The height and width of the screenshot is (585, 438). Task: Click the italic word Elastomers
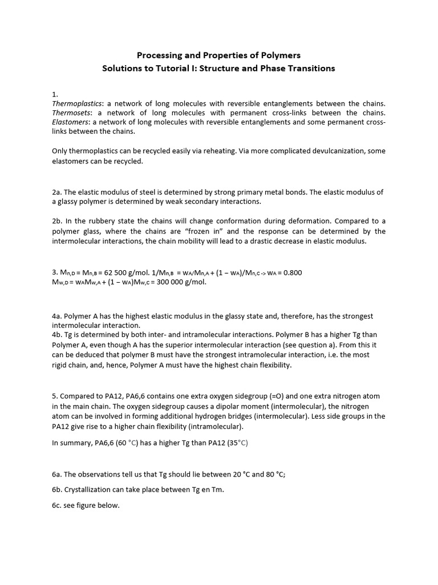click(71, 122)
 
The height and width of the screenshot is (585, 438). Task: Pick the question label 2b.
click(58, 221)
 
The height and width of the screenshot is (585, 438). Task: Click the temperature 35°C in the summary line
click(237, 443)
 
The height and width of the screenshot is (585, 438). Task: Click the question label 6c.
click(57, 506)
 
